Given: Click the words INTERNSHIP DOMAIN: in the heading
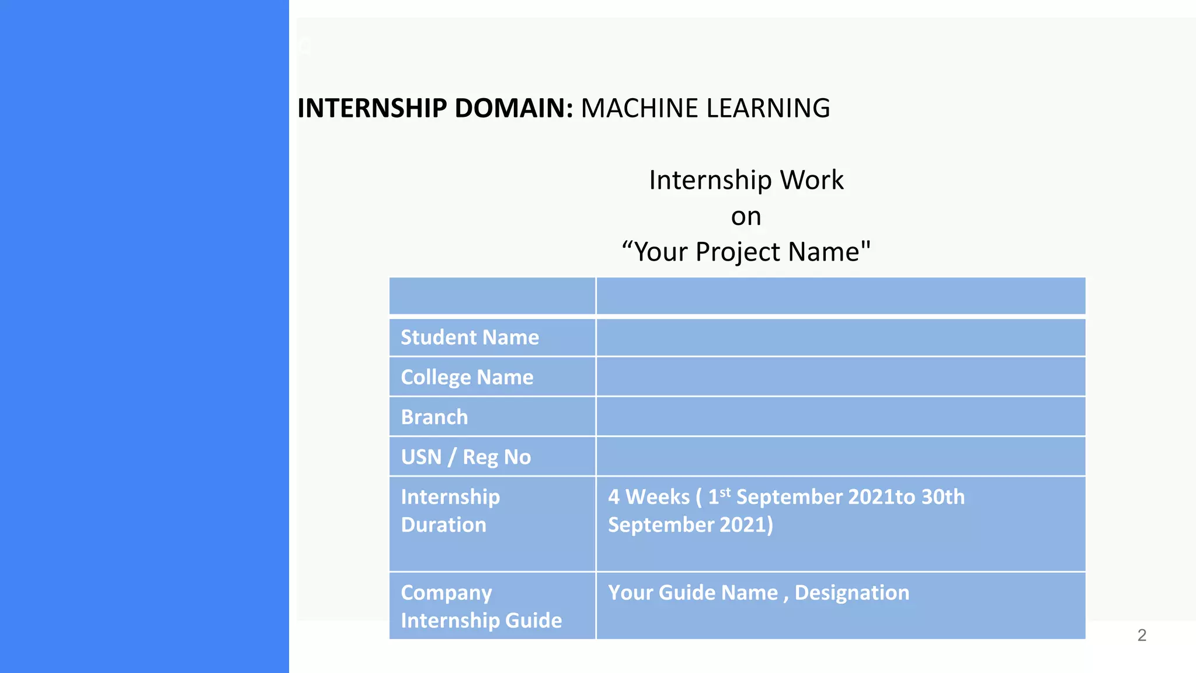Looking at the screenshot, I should click(435, 108).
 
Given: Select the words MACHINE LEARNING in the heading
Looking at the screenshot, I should click(705, 108).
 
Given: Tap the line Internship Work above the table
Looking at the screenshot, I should click(746, 180).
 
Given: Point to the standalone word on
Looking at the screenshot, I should click(746, 217).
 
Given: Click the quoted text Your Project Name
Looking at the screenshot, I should click(746, 252).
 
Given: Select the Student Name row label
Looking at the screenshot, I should click(470, 337).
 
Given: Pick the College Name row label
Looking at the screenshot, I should click(467, 377).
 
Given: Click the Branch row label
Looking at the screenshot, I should click(434, 417).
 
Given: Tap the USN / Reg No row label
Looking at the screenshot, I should click(465, 457).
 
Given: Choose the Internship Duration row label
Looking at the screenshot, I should click(450, 511).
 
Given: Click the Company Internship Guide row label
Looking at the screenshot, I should click(481, 606).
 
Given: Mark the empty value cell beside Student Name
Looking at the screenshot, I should click(840, 337).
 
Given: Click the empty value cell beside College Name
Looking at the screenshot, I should click(840, 377).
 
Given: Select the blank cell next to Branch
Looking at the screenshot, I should click(840, 417).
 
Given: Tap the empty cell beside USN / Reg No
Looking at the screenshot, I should click(840, 456).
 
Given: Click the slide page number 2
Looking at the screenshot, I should click(1142, 635).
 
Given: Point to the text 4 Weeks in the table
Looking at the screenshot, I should click(648, 497).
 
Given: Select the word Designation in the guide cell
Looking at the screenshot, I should click(851, 592).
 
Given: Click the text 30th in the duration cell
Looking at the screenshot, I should click(943, 497).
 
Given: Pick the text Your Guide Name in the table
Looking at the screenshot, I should click(693, 592).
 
